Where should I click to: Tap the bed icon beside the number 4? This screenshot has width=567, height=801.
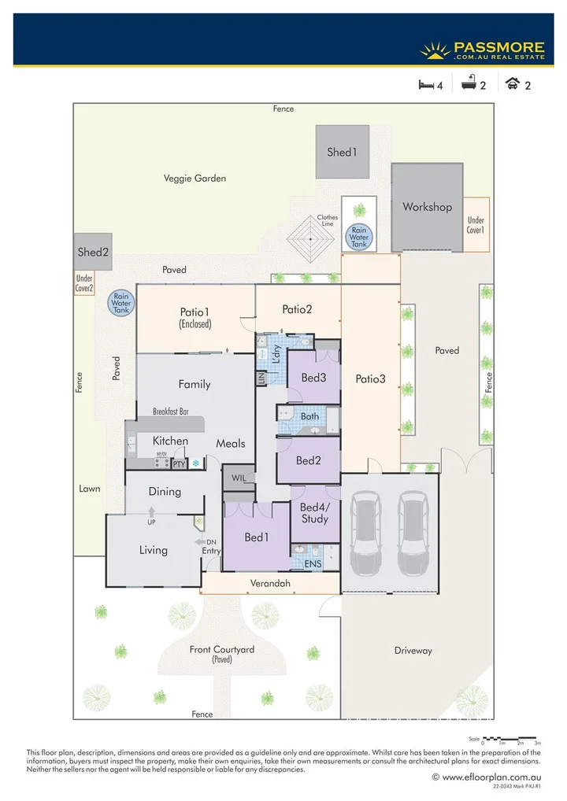[x=426, y=86]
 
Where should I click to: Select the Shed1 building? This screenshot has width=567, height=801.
[x=343, y=152]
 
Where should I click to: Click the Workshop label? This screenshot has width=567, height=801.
[x=428, y=207]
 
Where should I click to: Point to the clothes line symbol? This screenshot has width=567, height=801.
[x=313, y=238]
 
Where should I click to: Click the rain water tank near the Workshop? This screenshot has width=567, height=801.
[x=359, y=236]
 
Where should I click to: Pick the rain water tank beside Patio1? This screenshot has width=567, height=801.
[x=122, y=303]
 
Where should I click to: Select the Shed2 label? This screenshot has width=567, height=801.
[x=93, y=253]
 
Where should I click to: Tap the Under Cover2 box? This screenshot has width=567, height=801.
[x=84, y=283]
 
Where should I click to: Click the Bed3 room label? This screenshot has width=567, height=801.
[x=313, y=378]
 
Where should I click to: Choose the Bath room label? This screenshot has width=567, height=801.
[x=309, y=415]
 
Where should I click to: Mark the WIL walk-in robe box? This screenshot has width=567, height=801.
[x=239, y=478]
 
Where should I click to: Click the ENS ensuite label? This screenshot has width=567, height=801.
[x=313, y=563]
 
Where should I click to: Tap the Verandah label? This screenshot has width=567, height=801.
[x=272, y=583]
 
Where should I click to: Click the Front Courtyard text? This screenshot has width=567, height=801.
[x=222, y=650]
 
